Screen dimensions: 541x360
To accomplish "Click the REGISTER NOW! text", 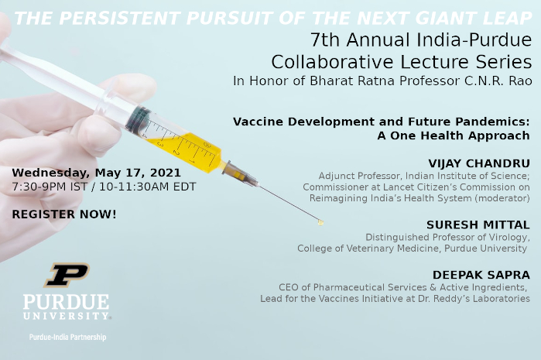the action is point(64,214).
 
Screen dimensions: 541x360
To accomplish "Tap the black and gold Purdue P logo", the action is point(67,275).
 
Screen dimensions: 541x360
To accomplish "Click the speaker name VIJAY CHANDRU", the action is point(479,163).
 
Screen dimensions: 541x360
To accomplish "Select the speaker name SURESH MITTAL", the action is point(478,225).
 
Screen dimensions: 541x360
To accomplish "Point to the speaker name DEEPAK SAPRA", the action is point(481,275).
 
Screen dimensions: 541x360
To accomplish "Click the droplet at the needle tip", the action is point(320,223).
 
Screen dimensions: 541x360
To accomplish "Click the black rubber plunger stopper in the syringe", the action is point(138,119).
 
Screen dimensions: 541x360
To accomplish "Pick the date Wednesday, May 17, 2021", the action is point(96,173).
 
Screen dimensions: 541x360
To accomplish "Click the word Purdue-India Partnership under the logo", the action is point(67,338).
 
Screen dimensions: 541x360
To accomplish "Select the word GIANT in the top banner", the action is point(383,19).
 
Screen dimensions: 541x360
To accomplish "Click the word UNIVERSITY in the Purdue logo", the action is point(67,316).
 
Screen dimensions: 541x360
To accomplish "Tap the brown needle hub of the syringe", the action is point(241,174).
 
